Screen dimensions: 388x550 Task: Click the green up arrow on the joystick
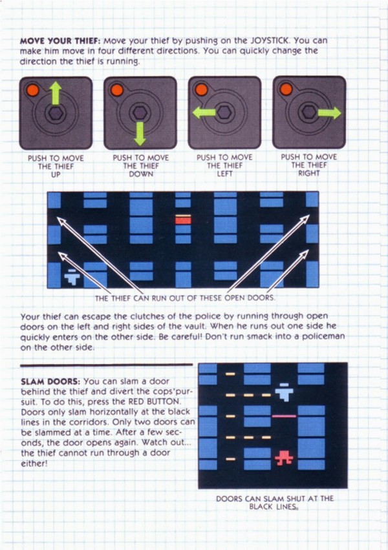pos(55,93)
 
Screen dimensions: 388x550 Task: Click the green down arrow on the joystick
pos(140,134)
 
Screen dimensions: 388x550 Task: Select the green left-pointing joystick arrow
pos(204,113)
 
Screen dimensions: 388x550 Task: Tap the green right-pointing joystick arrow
pos(329,113)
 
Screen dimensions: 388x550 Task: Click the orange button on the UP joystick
pos(32,90)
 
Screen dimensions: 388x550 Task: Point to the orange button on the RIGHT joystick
pos(286,89)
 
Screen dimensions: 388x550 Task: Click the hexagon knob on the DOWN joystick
pos(140,112)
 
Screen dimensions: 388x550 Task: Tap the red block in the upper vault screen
pos(183,220)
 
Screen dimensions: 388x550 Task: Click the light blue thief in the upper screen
pos(72,277)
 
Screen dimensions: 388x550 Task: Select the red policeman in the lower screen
pos(284,458)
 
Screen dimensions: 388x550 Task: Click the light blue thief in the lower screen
pos(284,392)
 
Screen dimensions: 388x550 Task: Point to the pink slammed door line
pos(284,416)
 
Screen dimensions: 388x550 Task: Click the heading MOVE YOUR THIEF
pos(60,41)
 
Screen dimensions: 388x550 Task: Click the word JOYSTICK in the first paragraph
pos(269,40)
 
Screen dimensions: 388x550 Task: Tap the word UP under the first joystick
pos(56,174)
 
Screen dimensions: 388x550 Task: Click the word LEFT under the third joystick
pos(224,173)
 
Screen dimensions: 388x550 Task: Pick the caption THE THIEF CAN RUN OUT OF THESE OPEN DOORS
pos(185,298)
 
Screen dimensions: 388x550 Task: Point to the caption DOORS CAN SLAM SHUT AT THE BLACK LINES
pos(274,502)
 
